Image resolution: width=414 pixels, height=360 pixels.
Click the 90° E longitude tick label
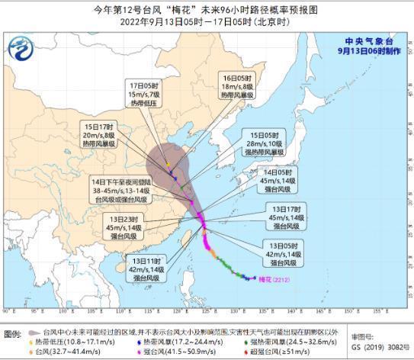[8, 312]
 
